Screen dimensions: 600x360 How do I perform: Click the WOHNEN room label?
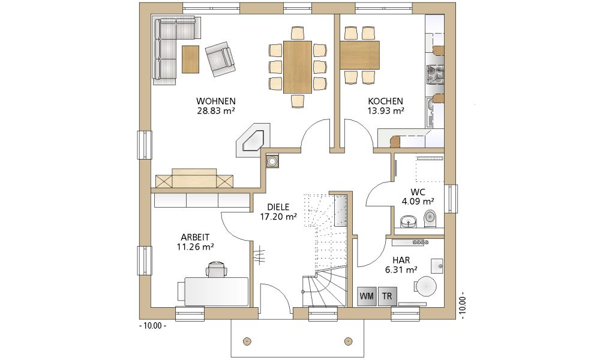[216, 101]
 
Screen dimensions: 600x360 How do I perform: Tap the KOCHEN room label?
[385, 101]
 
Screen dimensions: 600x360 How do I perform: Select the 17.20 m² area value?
[278, 217]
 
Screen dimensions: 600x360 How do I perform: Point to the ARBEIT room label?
[195, 238]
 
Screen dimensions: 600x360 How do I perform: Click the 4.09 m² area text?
[418, 201]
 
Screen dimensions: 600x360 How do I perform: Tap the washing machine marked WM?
[367, 296]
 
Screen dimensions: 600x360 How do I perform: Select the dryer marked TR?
[387, 296]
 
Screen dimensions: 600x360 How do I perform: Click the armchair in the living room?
[220, 59]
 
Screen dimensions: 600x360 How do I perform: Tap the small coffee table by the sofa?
[190, 59]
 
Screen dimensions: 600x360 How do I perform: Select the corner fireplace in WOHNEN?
[253, 140]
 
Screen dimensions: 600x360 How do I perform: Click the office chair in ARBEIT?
[217, 269]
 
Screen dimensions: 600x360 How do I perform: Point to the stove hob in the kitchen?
[435, 74]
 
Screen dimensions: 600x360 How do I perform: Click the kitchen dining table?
[359, 55]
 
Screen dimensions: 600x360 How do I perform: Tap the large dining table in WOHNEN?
[298, 67]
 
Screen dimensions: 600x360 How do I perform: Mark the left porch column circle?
[247, 340]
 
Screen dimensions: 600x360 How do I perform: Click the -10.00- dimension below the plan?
[152, 326]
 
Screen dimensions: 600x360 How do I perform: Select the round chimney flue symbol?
[272, 161]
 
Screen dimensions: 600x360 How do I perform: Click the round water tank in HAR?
[425, 286]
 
